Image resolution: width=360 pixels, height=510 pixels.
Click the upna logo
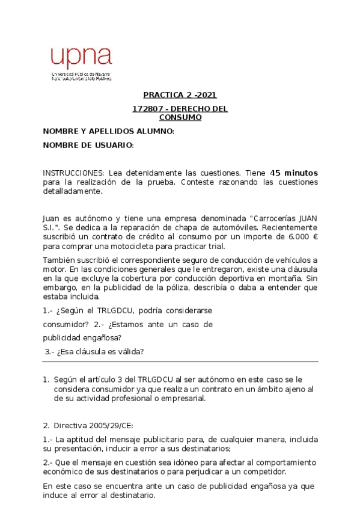tap(81, 63)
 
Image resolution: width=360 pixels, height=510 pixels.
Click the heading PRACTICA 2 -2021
tap(180, 95)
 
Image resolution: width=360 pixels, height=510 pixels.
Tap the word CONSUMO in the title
tap(180, 117)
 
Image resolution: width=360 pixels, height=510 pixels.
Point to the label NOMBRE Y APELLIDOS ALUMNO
tap(108, 131)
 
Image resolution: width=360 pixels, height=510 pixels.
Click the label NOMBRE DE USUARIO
tap(87, 146)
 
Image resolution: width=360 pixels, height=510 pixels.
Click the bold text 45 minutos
tap(294, 173)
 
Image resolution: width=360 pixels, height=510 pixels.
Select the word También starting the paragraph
tap(59, 259)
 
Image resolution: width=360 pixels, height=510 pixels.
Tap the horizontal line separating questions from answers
tap(180, 361)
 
